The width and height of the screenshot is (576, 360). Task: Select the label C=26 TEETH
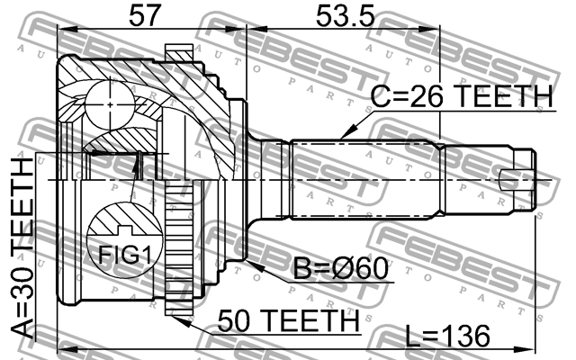click(462, 96)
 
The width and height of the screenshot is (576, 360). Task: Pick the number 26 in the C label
click(423, 96)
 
